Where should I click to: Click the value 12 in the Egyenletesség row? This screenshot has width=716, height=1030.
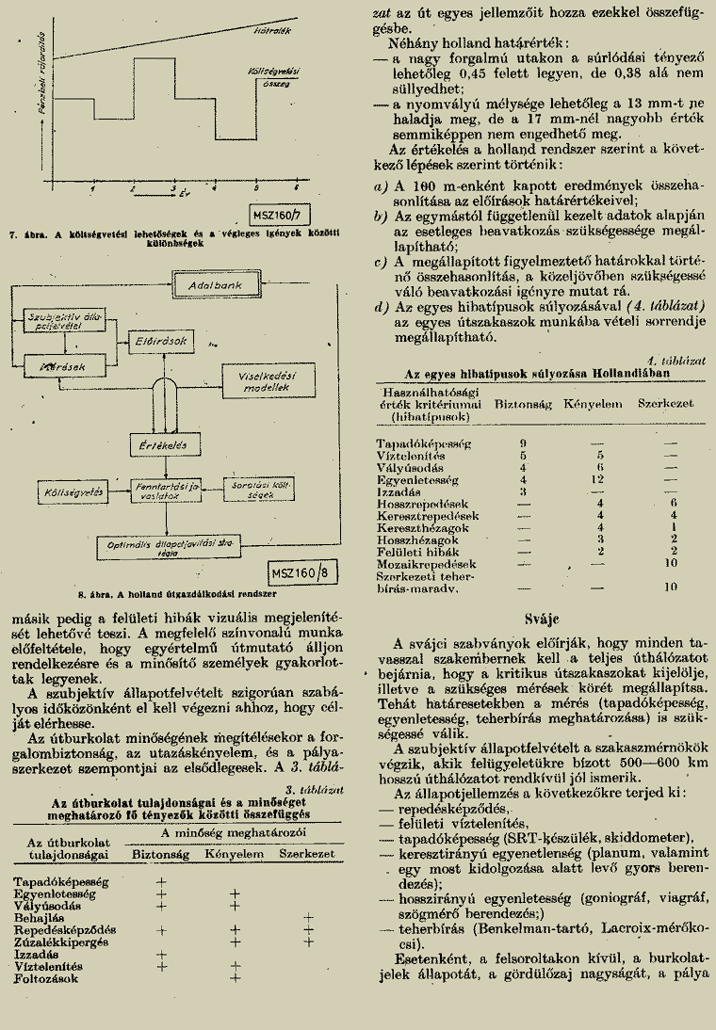(x=595, y=479)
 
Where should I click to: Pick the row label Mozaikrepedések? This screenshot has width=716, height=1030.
(x=422, y=563)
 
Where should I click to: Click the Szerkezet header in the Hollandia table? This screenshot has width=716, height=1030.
(x=666, y=403)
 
